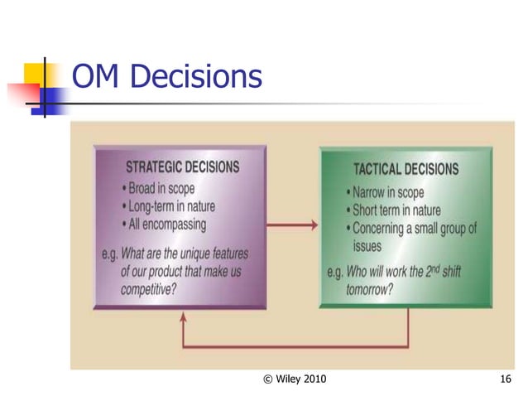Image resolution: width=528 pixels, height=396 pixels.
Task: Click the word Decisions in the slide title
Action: [198, 77]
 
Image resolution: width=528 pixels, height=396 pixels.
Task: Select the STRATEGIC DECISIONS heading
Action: [182, 167]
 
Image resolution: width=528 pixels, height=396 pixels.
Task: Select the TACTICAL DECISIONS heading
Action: [406, 169]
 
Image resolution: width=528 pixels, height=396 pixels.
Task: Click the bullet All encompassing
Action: [168, 223]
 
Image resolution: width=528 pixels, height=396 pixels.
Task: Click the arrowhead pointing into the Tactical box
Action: [312, 225]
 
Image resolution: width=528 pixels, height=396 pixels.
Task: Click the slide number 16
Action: [506, 379]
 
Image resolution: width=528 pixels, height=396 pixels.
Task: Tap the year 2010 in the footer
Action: [311, 379]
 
